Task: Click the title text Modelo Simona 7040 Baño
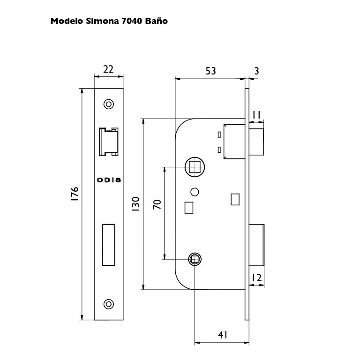click(x=109, y=21)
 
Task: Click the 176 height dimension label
click(x=75, y=194)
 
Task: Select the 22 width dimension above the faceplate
click(x=108, y=69)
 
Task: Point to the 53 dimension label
click(x=210, y=71)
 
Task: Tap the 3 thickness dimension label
click(x=257, y=71)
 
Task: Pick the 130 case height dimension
click(x=135, y=204)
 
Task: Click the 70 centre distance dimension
click(x=157, y=204)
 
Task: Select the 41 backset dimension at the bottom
click(x=223, y=335)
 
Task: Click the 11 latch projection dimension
click(x=256, y=115)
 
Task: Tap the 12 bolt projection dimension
click(x=256, y=278)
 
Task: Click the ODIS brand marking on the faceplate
click(x=109, y=180)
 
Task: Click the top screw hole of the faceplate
click(x=109, y=104)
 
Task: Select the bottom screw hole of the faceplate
click(x=109, y=304)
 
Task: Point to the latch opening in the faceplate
click(x=109, y=142)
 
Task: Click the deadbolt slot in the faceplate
click(x=109, y=245)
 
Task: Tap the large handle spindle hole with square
click(x=195, y=167)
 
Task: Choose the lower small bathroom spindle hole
click(x=195, y=259)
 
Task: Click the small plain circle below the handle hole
click(x=195, y=192)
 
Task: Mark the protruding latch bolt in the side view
click(x=256, y=142)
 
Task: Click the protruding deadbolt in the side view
click(x=256, y=245)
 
